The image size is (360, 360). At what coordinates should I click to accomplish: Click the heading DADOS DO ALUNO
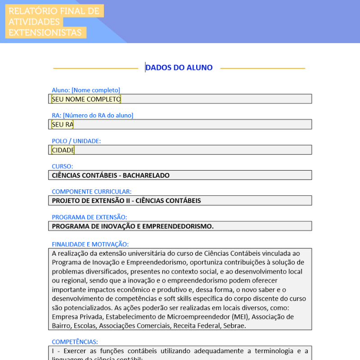179,67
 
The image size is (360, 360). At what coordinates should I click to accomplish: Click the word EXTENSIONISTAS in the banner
45,32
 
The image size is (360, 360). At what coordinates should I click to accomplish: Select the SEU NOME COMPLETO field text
86,99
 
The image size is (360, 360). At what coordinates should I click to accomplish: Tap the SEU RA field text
63,124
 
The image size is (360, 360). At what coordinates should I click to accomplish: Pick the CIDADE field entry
63,150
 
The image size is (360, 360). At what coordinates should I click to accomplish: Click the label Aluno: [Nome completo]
86,90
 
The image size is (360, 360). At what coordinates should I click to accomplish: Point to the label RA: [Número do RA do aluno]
92,115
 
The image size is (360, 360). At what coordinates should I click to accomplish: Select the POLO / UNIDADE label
76,141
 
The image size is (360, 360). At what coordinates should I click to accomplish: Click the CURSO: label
62,166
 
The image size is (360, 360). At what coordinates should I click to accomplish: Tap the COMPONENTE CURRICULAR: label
92,191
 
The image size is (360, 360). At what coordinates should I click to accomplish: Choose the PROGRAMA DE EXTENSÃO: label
89,217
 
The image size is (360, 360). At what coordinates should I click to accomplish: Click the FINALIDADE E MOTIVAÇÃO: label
90,244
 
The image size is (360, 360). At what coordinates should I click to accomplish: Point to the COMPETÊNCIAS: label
75,342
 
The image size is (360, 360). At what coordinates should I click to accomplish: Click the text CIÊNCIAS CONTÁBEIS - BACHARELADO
111,175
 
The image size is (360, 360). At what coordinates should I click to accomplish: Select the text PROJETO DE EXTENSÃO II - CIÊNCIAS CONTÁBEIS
126,200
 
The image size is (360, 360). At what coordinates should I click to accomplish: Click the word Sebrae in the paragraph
234,325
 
